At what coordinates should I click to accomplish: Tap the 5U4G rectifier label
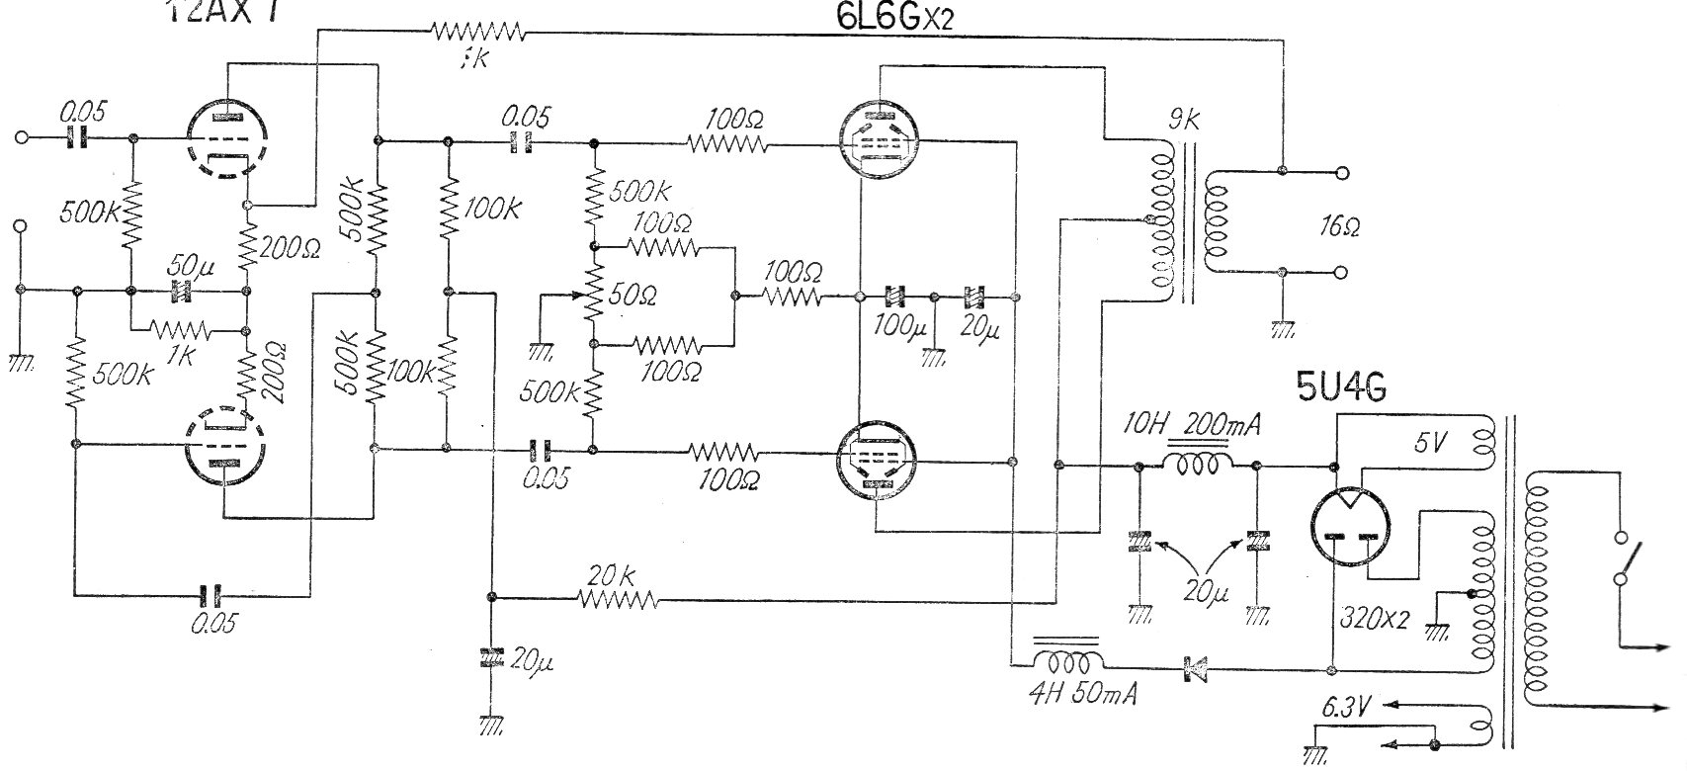[x=1340, y=387]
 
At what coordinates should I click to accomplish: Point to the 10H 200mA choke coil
[x=1197, y=465]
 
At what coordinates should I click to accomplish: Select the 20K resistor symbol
[x=618, y=598]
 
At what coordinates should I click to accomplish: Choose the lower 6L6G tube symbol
[x=878, y=461]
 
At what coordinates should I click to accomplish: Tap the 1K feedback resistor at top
[x=476, y=36]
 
